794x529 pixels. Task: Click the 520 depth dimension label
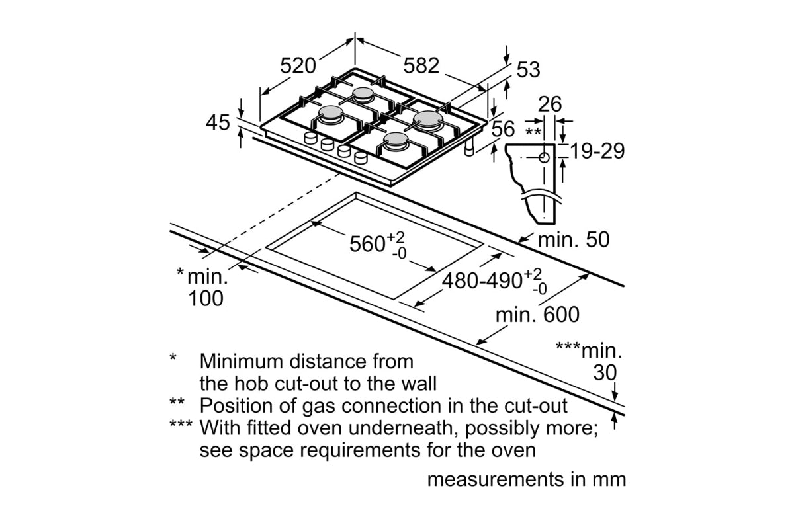[298, 66]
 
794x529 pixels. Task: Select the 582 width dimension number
[421, 65]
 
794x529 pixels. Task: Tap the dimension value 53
[528, 70]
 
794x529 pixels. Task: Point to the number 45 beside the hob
[218, 123]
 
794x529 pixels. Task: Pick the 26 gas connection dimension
[549, 104]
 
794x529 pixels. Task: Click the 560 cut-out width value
[368, 244]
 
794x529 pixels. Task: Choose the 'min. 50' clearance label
[574, 240]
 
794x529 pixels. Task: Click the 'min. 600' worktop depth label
[537, 315]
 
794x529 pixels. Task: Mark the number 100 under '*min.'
[206, 299]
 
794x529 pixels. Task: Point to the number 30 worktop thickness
[605, 373]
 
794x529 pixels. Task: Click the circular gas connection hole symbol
[544, 157]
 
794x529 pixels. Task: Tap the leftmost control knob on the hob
[310, 138]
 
